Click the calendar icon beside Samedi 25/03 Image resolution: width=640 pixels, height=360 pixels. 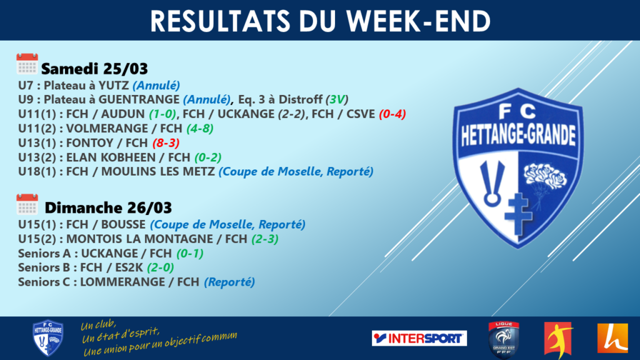(x=27, y=64)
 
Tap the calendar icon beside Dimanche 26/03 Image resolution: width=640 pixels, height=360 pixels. (x=27, y=204)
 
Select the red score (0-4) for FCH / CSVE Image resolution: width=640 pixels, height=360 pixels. (x=392, y=114)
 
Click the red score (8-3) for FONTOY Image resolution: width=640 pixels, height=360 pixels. (x=166, y=143)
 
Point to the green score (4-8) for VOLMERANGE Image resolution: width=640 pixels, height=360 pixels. (x=200, y=129)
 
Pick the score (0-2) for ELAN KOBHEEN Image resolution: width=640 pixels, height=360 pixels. (x=208, y=157)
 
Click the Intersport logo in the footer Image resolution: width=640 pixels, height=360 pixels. (x=419, y=338)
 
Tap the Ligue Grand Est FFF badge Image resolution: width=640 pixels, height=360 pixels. (x=504, y=340)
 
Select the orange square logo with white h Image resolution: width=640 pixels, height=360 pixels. (x=612, y=338)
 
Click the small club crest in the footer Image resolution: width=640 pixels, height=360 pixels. (x=47, y=338)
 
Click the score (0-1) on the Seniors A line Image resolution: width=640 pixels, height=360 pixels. (x=190, y=254)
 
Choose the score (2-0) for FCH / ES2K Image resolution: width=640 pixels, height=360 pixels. (x=161, y=267)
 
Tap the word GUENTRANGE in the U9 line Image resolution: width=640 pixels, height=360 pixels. (x=139, y=99)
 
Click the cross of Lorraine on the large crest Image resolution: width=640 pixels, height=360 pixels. (x=518, y=214)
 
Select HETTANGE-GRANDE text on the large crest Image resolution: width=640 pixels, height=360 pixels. (x=518, y=135)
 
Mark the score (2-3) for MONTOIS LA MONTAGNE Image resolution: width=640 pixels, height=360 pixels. (x=265, y=239)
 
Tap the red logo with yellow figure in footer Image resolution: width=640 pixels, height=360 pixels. (x=558, y=339)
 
